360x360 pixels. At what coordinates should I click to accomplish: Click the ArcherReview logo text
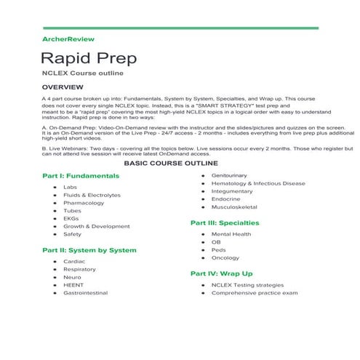tap(68, 39)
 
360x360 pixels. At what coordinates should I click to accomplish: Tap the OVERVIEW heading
tap(67, 87)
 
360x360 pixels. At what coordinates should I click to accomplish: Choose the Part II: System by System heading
tap(89, 250)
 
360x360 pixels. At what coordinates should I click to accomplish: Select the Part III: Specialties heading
tap(225, 223)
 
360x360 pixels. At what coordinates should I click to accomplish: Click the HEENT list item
tap(73, 284)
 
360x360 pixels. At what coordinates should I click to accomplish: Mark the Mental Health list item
tap(231, 234)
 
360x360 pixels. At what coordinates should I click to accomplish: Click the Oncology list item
tap(225, 257)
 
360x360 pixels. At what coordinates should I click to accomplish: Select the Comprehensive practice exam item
tap(255, 292)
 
